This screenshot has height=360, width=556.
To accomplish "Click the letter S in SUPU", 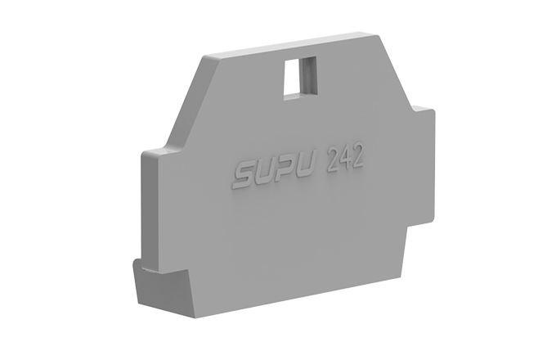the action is pyautogui.click(x=244, y=176).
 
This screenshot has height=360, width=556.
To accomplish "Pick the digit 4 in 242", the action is pyautogui.click(x=344, y=160).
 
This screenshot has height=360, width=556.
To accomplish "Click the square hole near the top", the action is pyautogui.click(x=300, y=76).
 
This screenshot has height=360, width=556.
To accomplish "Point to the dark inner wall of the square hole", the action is pyautogui.click(x=308, y=75).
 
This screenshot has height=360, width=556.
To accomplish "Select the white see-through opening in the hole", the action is pyautogui.click(x=292, y=78).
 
